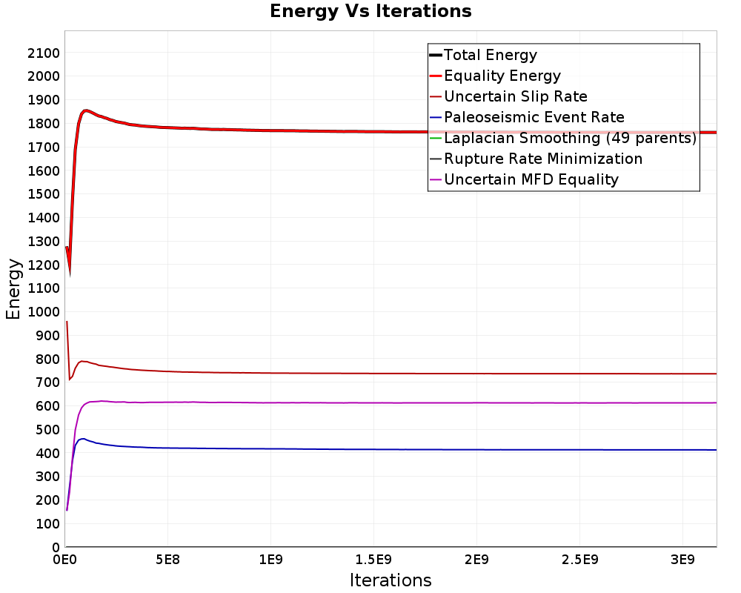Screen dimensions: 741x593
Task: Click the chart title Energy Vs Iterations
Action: coord(370,11)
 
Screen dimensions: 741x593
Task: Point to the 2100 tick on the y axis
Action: coord(44,53)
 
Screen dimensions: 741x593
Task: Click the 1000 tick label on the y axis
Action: coord(44,311)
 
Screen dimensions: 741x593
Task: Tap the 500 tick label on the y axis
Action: coord(47,429)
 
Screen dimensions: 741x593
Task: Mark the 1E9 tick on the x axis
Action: coord(270,560)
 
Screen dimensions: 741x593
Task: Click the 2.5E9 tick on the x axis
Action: coord(580,560)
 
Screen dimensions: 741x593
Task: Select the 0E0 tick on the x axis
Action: coord(64,560)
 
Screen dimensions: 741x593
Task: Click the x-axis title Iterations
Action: coord(391,580)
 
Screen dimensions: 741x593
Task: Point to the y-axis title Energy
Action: coord(13,289)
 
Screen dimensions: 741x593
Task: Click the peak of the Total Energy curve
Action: coord(85,110)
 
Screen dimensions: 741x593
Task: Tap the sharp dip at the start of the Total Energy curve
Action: coord(70,274)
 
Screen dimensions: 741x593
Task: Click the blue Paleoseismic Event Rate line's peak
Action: coord(83,439)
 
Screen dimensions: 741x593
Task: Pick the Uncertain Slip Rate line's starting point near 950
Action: coord(67,322)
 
